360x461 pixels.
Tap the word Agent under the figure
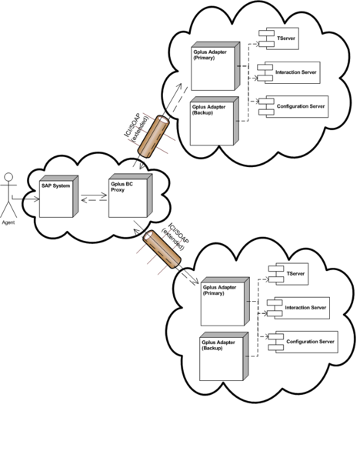point(8,222)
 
